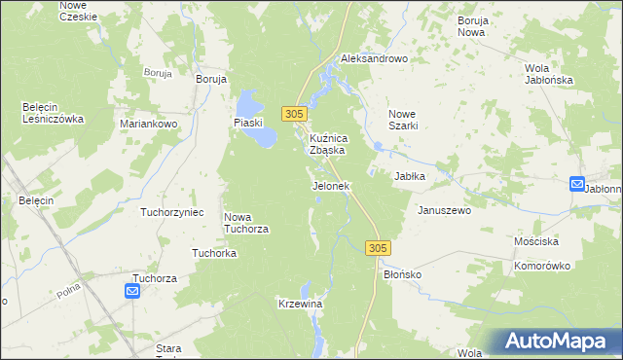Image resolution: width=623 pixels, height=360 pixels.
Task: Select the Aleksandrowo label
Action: tap(373, 58)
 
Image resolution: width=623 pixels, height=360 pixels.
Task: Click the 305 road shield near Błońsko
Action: tap(380, 249)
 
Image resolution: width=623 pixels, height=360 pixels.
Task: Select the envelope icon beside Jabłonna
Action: tap(577, 184)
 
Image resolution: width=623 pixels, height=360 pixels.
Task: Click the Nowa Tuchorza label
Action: tap(246, 223)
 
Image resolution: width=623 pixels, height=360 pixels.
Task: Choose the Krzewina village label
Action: tap(300, 305)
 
